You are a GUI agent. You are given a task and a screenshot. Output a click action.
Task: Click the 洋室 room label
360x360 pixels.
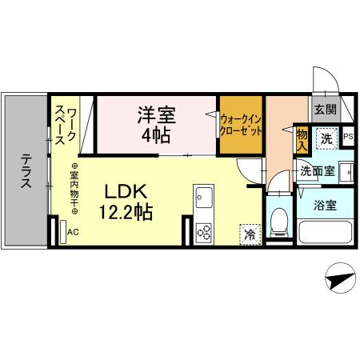[x=155, y=114]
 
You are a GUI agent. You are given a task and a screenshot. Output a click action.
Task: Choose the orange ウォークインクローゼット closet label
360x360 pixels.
[x=242, y=124]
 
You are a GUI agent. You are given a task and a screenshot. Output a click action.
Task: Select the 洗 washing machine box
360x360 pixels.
[x=326, y=138]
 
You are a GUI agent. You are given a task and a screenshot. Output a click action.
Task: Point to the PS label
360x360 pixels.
[x=348, y=137]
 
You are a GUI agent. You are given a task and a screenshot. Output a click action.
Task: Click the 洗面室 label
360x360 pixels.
[x=317, y=170]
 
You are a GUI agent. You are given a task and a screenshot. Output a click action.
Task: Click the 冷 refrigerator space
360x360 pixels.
[x=250, y=234]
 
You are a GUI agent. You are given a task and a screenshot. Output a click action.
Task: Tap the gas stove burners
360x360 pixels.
[x=203, y=233]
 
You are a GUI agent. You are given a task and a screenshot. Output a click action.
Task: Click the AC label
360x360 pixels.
[x=73, y=233]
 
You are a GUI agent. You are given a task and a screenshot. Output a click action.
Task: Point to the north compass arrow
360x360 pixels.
[x=340, y=279]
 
